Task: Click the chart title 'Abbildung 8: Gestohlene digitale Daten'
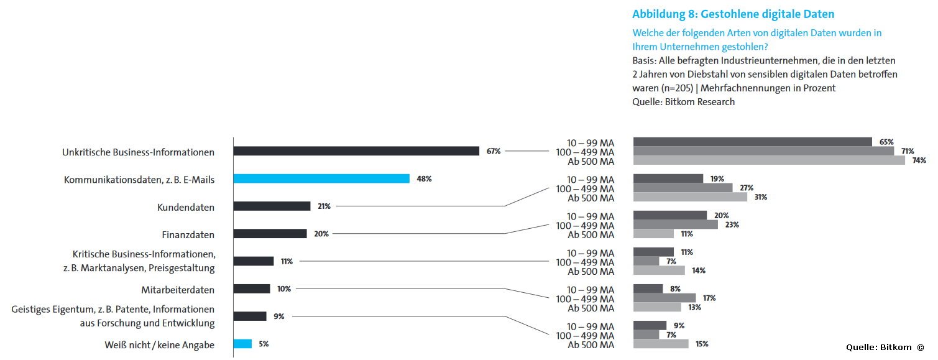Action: pos(733,14)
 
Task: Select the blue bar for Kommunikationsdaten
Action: pos(321,178)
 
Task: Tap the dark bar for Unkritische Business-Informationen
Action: pos(356,151)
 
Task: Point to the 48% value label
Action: pos(424,179)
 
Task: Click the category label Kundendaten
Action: pos(185,208)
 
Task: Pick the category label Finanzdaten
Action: pos(188,234)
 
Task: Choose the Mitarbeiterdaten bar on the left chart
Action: pos(252,288)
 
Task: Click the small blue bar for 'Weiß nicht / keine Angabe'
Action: pos(242,344)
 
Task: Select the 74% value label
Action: pos(919,160)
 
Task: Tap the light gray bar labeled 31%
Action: pos(690,197)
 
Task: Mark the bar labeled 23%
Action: pos(676,224)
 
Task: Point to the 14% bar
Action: pos(659,270)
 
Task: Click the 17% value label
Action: pos(709,298)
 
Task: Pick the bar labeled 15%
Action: pos(661,344)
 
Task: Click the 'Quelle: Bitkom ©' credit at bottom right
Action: pos(885,348)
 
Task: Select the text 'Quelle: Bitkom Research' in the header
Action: pos(683,102)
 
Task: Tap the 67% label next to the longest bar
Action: pos(494,151)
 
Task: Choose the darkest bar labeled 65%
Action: pos(753,142)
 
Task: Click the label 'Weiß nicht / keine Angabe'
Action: pos(159,345)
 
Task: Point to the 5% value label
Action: pos(264,344)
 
